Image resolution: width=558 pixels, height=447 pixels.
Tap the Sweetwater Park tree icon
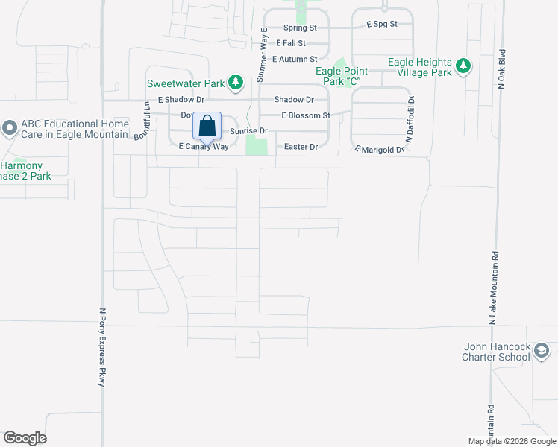[x=235, y=81]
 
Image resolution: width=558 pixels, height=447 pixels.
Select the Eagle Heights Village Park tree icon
[x=463, y=67]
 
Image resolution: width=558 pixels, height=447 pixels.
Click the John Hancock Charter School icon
[x=542, y=351]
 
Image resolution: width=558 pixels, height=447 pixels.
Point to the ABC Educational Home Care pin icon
[x=9, y=129]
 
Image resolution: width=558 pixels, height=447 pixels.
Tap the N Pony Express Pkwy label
[x=102, y=347]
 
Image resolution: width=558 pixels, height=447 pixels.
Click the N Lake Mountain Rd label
[x=493, y=286]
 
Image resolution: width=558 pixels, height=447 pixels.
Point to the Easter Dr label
[x=301, y=147]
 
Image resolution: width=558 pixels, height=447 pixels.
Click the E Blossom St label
[x=305, y=115]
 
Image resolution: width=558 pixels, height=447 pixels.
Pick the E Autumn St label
[x=295, y=58]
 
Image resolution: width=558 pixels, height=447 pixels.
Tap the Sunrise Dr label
[x=248, y=130]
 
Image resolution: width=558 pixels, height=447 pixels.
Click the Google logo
[x=25, y=438]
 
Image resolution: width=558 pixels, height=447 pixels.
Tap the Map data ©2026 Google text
[x=511, y=441]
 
